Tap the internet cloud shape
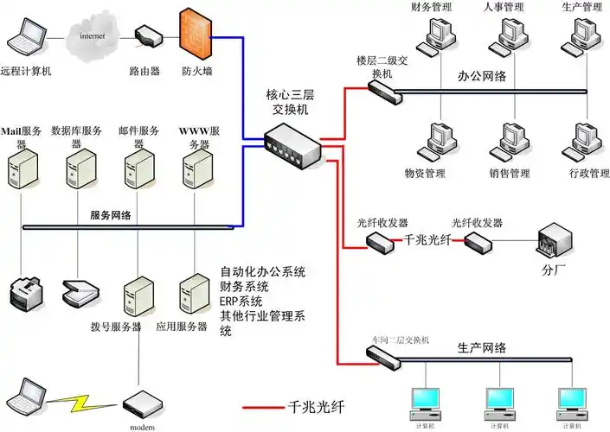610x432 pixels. [93, 37]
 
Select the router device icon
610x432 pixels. [149, 37]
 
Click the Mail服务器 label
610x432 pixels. [24, 130]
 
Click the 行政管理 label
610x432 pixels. [584, 173]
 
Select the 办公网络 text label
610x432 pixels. [481, 76]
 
